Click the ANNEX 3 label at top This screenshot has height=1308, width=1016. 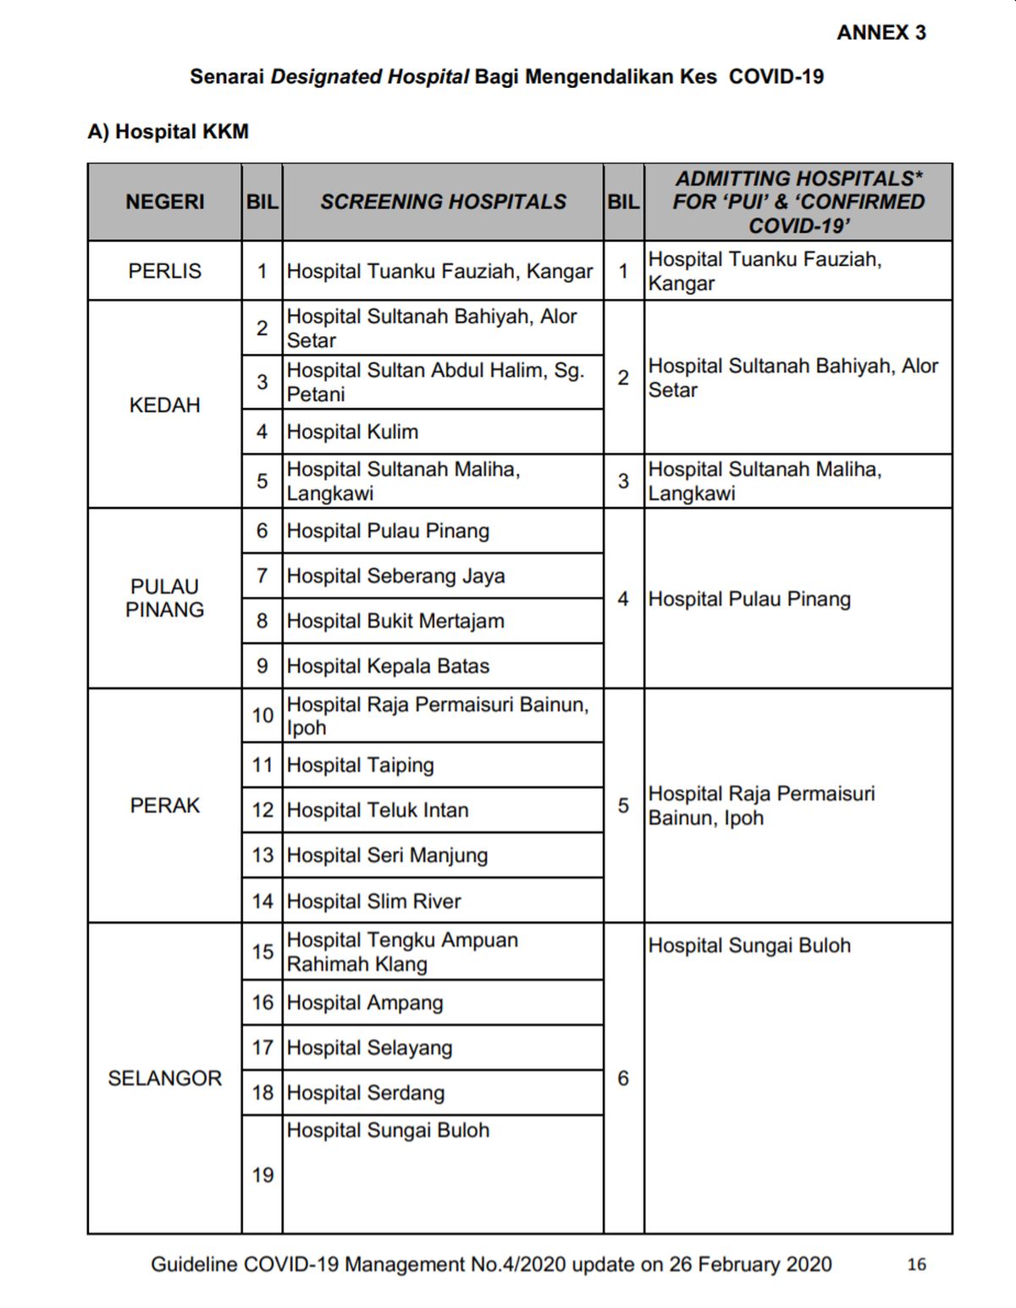[881, 33]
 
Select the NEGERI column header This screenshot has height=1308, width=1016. [164, 201]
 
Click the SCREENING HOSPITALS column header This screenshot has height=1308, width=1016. [443, 201]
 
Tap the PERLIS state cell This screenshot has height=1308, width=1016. [164, 271]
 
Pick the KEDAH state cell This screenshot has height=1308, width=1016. [164, 405]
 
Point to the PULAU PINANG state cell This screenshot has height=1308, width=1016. [164, 598]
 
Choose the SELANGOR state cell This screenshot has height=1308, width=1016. [164, 1078]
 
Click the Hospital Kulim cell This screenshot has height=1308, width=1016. [352, 432]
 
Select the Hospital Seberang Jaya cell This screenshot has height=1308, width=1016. [395, 576]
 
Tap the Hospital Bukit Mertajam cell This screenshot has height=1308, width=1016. [395, 621]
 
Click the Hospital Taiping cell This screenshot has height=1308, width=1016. [360, 765]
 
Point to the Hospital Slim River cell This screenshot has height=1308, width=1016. [373, 901]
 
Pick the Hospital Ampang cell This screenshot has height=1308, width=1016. [365, 1002]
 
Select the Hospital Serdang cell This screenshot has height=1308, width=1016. [365, 1092]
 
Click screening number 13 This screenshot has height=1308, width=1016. [262, 855]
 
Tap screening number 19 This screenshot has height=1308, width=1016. [262, 1174]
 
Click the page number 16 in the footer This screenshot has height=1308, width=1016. [916, 1264]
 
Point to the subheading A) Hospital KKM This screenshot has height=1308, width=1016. [168, 131]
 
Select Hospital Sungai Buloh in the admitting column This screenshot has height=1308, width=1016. [749, 946]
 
